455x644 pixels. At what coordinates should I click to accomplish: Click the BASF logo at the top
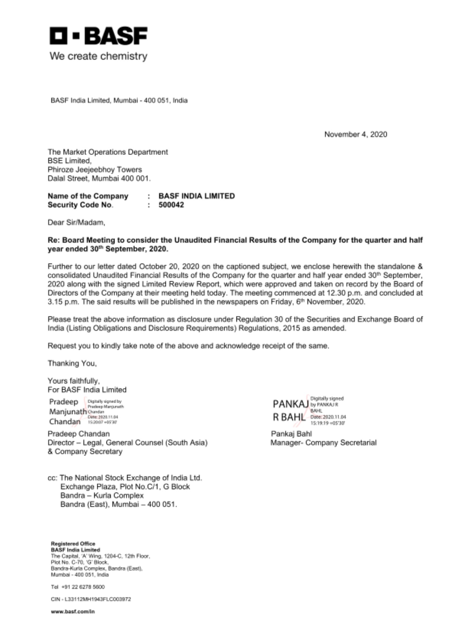(x=98, y=36)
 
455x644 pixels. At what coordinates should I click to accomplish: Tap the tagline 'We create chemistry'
(x=98, y=56)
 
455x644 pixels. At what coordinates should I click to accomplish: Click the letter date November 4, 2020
(x=356, y=134)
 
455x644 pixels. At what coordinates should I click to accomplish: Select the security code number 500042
(x=171, y=205)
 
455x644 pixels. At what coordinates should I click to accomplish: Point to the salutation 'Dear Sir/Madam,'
(x=76, y=223)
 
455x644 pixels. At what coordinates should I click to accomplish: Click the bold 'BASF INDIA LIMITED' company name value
(x=197, y=196)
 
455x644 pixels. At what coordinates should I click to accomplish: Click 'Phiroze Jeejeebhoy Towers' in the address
(x=95, y=169)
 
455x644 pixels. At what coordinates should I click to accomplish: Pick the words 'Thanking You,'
(x=72, y=363)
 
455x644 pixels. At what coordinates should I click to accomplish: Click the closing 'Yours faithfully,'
(x=74, y=381)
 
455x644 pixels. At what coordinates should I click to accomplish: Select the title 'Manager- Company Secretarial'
(x=323, y=443)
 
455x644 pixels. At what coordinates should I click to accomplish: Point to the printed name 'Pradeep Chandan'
(x=79, y=434)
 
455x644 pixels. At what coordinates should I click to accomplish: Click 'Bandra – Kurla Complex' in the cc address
(x=102, y=495)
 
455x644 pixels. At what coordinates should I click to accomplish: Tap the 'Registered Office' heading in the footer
(x=73, y=544)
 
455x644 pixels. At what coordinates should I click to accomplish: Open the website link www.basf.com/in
(x=73, y=611)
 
